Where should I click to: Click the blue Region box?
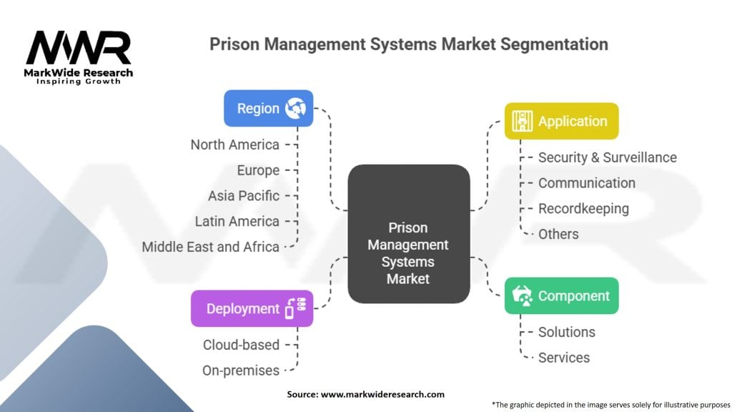[x=268, y=109]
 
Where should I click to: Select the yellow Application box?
[x=561, y=122]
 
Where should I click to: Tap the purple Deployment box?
[x=252, y=309]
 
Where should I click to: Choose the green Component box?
[x=561, y=296]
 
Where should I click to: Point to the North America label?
[x=234, y=144]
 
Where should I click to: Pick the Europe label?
[x=258, y=170]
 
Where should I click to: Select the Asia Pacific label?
[x=244, y=195]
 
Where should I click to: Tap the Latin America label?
[x=237, y=221]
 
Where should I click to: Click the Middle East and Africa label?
[x=210, y=247]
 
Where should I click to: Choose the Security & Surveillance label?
[x=607, y=157]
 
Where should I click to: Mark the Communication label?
[x=586, y=183]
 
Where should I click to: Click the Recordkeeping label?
[x=583, y=209]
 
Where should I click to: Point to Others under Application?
[x=558, y=234]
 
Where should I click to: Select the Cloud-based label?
[x=241, y=345]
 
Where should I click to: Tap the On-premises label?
[x=241, y=370]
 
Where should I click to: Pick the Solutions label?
[x=566, y=332]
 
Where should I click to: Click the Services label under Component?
[x=564, y=358]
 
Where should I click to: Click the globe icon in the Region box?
[x=295, y=109]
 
